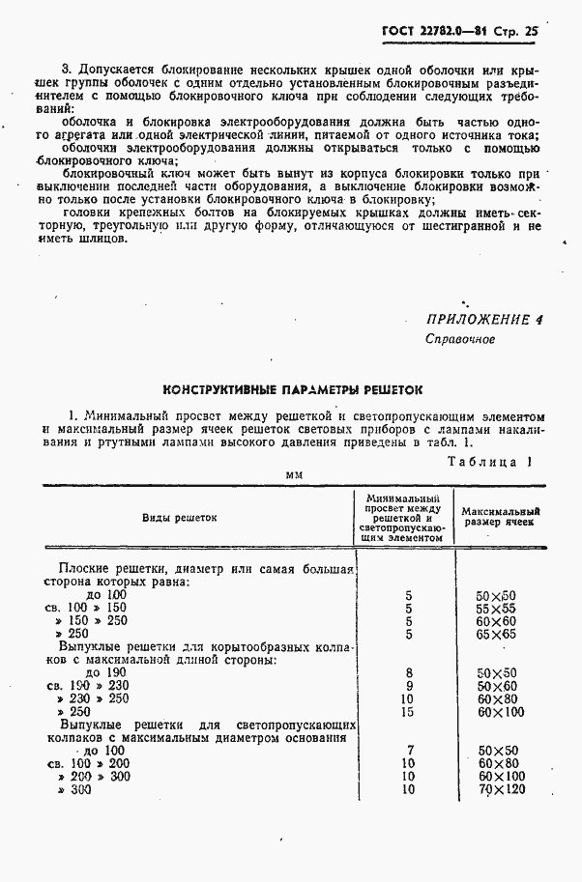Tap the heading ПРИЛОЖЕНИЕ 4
tap(478, 320)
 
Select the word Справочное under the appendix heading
tap(460, 340)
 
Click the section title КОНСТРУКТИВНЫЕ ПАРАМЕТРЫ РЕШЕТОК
tap(293, 390)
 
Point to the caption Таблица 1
tap(490, 461)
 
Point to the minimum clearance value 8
tap(409, 672)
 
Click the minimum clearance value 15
tap(408, 712)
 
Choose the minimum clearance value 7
tap(410, 750)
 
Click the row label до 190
tap(105, 672)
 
